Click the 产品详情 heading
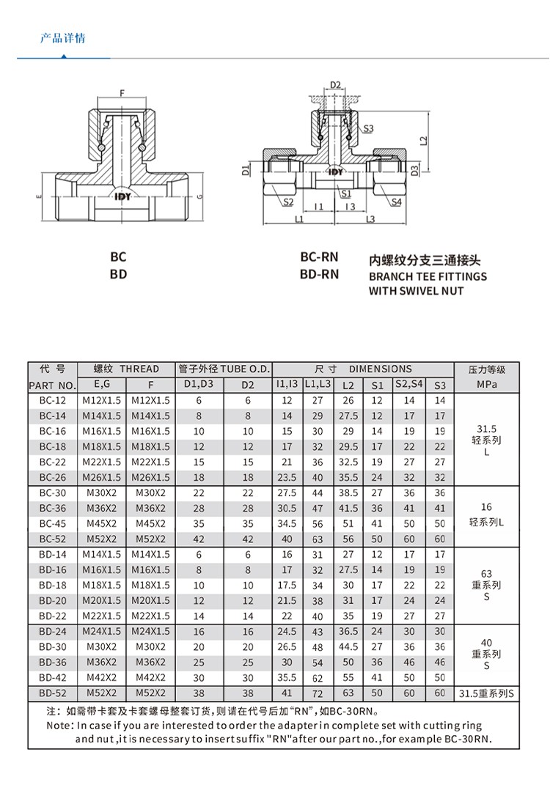pyautogui.click(x=62, y=38)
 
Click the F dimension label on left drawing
pyautogui.click(x=122, y=93)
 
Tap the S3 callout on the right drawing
pyautogui.click(x=368, y=129)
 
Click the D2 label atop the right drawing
pyautogui.click(x=335, y=85)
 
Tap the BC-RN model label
pyautogui.click(x=319, y=257)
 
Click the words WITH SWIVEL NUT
pyautogui.click(x=416, y=291)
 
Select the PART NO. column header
pyautogui.click(x=52, y=385)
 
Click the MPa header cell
pyautogui.click(x=487, y=385)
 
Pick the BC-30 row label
pyautogui.click(x=52, y=493)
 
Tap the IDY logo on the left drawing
pyautogui.click(x=121, y=196)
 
